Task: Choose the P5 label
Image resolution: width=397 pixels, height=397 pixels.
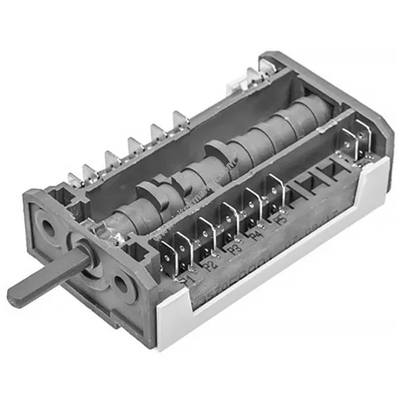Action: (281, 220)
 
